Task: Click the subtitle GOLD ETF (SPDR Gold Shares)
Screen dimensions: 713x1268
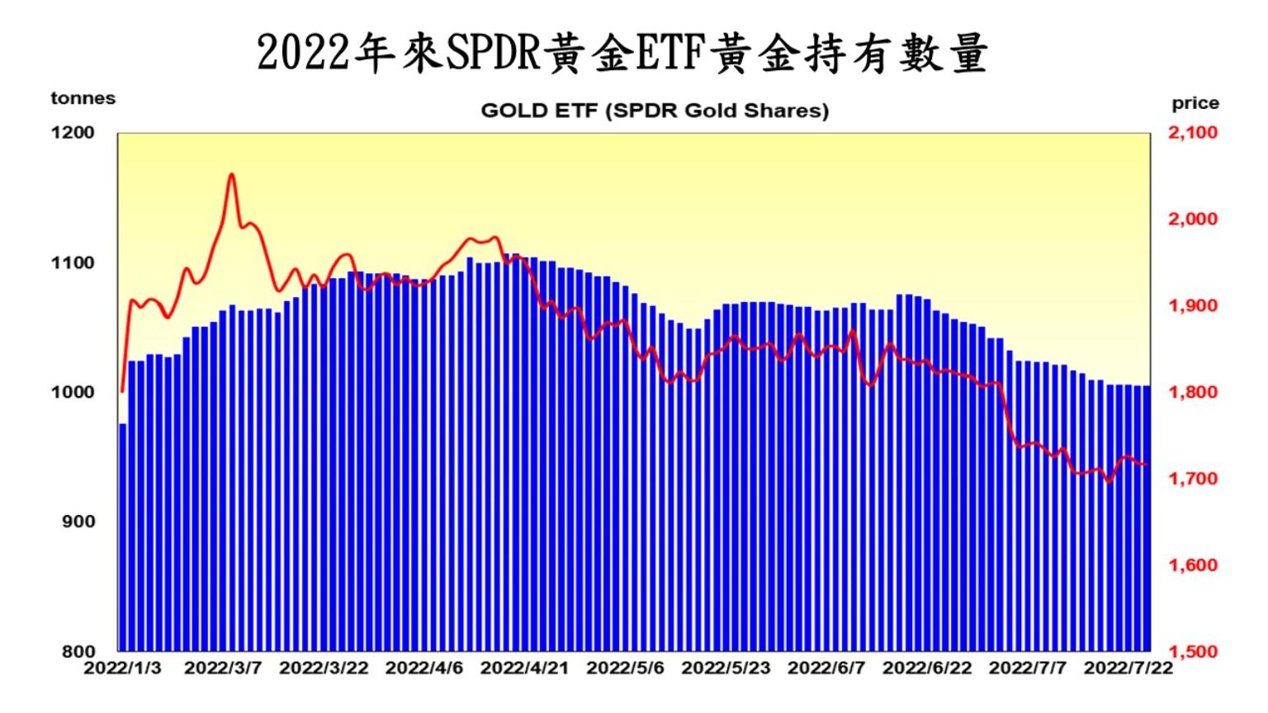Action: (x=655, y=111)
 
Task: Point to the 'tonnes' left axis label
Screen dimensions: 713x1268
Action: (x=83, y=98)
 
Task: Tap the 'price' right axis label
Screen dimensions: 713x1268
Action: (x=1195, y=103)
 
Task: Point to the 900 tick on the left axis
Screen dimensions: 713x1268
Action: (x=80, y=522)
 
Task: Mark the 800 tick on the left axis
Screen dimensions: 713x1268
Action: (x=80, y=651)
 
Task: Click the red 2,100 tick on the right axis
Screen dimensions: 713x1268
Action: (x=1192, y=132)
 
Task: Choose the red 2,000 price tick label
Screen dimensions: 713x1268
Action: (x=1192, y=219)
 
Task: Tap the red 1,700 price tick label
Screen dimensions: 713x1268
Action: (x=1192, y=479)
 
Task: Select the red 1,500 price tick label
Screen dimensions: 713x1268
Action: (x=1192, y=651)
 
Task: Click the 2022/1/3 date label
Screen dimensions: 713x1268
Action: (x=122, y=668)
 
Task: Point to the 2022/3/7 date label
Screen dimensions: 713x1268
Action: (x=222, y=668)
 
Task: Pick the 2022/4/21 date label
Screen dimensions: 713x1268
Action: (x=524, y=668)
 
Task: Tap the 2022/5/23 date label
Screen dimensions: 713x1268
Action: (x=726, y=668)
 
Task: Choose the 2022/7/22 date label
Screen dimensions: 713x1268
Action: (x=1128, y=668)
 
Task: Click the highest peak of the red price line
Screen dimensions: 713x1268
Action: (x=232, y=174)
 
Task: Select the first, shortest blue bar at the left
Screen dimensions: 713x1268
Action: (x=123, y=536)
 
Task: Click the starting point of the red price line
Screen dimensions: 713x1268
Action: (x=122, y=391)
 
